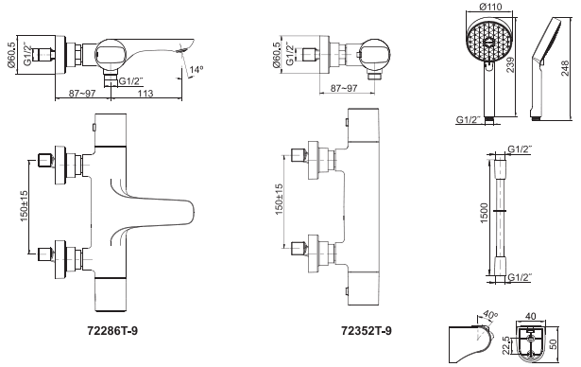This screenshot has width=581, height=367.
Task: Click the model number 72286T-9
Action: (112, 330)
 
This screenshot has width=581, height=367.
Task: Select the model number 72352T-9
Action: (367, 330)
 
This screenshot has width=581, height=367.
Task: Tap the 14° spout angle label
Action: (197, 69)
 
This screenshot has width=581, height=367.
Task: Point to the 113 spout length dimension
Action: (145, 93)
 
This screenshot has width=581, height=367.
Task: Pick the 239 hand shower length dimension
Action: (511, 64)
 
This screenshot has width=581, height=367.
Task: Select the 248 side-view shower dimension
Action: (565, 69)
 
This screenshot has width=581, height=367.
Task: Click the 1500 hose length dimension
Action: (485, 213)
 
